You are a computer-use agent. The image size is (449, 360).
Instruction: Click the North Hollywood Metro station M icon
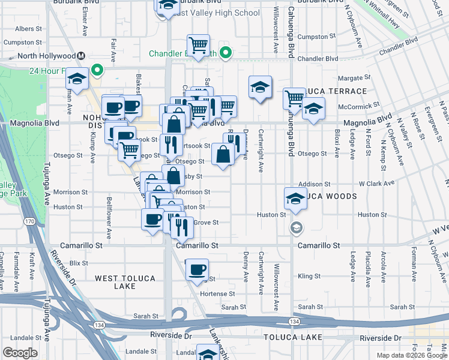[x=80, y=56]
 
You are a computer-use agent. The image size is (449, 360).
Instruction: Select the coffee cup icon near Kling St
[x=197, y=270]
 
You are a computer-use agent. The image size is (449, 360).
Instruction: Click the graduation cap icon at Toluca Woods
[x=295, y=199]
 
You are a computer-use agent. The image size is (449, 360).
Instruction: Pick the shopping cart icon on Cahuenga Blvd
[x=294, y=98]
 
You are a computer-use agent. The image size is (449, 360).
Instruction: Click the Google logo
[x=20, y=353]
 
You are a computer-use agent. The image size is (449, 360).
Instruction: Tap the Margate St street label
[x=350, y=78]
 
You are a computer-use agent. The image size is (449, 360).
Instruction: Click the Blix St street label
[x=79, y=263]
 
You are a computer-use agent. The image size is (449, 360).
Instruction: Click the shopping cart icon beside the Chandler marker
[x=197, y=44]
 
